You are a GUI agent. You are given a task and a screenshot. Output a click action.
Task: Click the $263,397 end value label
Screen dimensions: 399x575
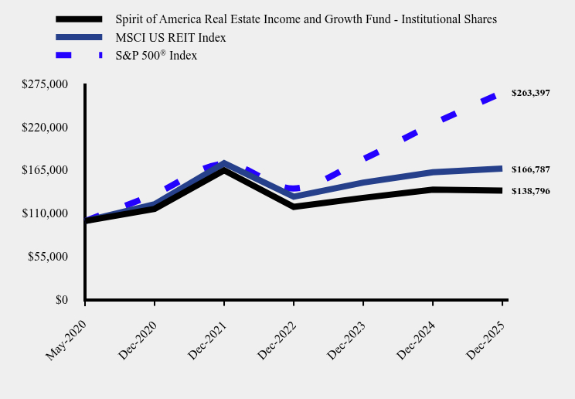pos(530,93)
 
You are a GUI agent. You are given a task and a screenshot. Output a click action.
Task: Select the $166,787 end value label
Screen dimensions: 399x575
pos(530,169)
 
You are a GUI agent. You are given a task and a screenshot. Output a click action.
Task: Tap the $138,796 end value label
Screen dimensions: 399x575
pos(530,190)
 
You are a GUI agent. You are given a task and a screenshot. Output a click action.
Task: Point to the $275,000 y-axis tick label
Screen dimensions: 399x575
pos(46,84)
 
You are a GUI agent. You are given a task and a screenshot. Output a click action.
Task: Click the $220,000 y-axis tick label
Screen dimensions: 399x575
pos(46,127)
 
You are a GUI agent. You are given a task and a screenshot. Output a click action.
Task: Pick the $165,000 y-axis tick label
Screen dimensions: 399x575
pos(46,170)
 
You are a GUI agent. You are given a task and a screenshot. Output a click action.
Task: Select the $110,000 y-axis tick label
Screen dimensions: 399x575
pos(46,213)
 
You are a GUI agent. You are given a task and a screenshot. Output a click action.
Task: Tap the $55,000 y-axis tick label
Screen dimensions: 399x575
pos(49,257)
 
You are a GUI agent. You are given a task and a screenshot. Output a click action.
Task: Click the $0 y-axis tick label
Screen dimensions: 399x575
pos(61,300)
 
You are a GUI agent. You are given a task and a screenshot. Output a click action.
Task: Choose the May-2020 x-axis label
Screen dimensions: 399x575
pos(66,333)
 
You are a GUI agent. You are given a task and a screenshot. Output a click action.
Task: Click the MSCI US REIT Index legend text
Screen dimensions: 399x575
pos(171,37)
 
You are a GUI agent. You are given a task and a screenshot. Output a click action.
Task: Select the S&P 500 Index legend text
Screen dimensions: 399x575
pos(156,55)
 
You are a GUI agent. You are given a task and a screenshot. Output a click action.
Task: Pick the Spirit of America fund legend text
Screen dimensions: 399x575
pos(306,19)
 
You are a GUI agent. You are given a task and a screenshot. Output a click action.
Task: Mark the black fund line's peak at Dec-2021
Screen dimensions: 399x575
pos(224,169)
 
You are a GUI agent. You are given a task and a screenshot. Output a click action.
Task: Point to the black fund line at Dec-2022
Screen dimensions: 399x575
pos(294,206)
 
